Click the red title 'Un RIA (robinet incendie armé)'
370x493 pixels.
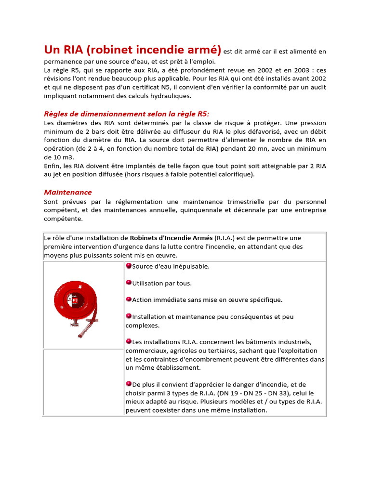(x=132, y=50)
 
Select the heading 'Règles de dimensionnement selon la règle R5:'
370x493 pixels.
(x=127, y=114)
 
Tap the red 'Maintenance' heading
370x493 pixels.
(x=68, y=192)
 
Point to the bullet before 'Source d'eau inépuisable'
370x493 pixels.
(x=129, y=266)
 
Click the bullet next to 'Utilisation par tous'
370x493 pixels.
(x=129, y=283)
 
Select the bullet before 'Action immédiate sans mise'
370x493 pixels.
(x=129, y=299)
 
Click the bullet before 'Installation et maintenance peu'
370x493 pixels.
(x=129, y=316)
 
